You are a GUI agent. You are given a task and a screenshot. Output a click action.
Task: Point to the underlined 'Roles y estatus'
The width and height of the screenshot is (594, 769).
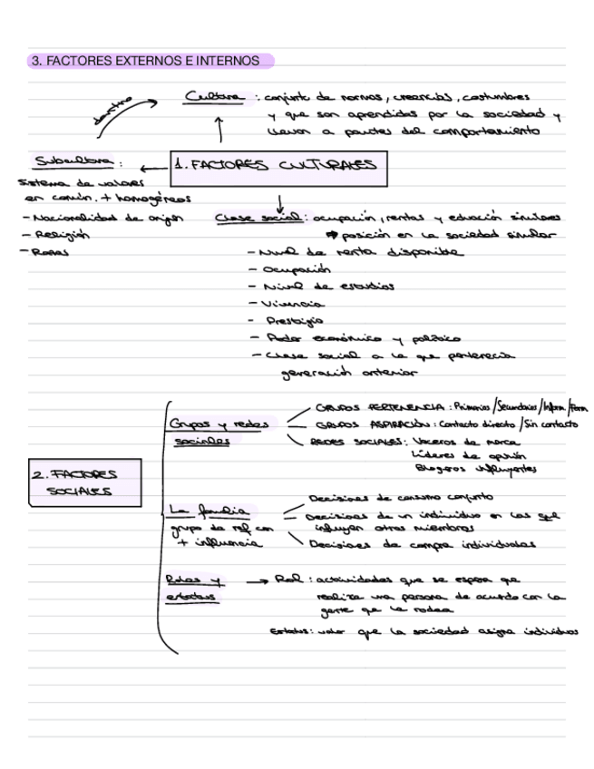pyautogui.click(x=196, y=586)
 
